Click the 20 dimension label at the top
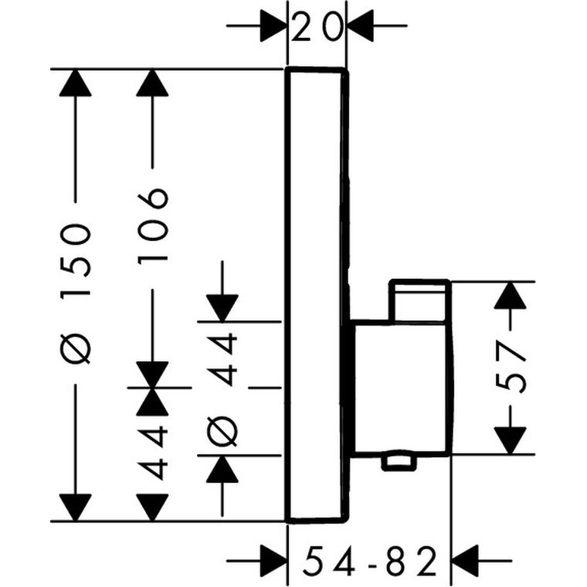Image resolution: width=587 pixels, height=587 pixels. pyautogui.click(x=317, y=26)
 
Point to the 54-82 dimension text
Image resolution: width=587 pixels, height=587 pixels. pyautogui.click(x=370, y=561)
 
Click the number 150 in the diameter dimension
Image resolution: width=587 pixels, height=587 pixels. pyautogui.click(x=75, y=259)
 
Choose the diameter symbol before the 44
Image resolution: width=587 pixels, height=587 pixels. pyautogui.click(x=223, y=429)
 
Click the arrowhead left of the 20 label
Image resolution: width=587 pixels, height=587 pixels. pyautogui.click(x=272, y=26)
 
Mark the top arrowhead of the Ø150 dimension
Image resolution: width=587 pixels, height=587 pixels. pyautogui.click(x=75, y=84)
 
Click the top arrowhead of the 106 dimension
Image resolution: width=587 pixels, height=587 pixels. pyautogui.click(x=153, y=84)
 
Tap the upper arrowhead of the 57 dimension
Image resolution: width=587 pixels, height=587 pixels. pyautogui.click(x=510, y=296)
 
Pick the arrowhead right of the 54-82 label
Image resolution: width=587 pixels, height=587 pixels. pyautogui.click(x=466, y=560)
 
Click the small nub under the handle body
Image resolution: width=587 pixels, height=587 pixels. pyautogui.click(x=400, y=462)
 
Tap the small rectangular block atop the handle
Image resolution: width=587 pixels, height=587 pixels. pyautogui.click(x=420, y=301)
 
